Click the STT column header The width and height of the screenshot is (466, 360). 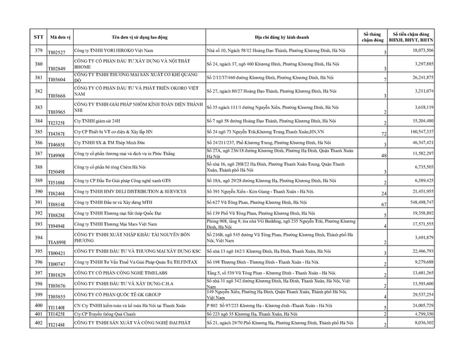38,37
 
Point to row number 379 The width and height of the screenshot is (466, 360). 38,50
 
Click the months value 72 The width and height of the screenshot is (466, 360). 383,135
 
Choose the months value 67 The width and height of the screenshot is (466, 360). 383,205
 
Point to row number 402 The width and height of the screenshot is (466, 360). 38,322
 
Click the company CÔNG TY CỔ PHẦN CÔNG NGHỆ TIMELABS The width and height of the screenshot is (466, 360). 122,274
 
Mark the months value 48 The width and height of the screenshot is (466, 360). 383,155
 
